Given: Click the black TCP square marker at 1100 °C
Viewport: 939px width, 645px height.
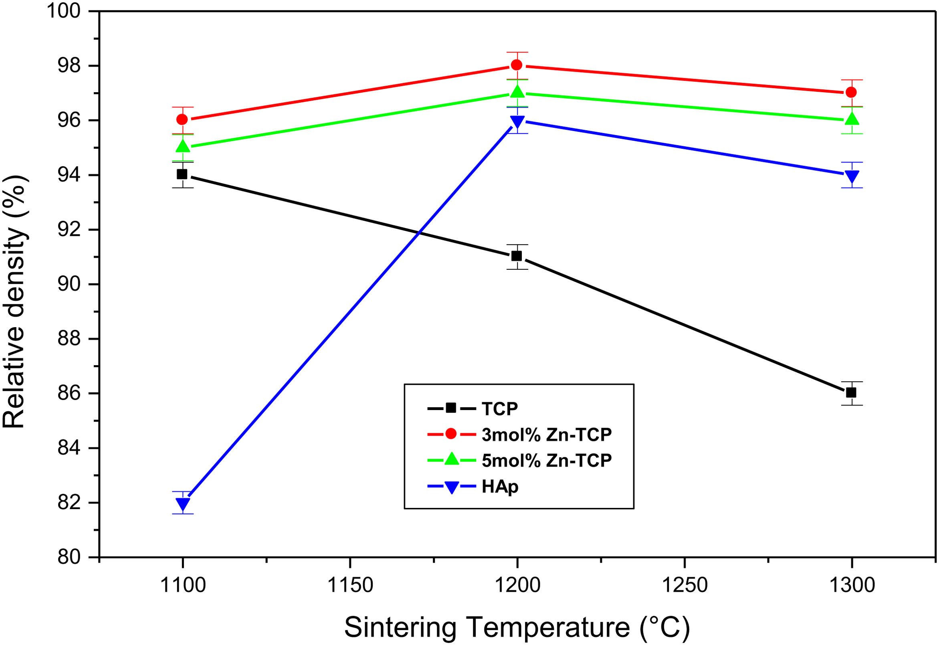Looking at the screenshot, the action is pos(182,174).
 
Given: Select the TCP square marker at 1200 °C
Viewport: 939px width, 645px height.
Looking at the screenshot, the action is pos(516,256).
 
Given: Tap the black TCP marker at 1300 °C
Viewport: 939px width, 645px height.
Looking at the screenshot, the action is pos(851,392).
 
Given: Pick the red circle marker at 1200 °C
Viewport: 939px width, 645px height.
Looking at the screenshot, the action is pos(516,65).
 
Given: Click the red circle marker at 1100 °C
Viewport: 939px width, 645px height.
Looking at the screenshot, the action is pos(182,119).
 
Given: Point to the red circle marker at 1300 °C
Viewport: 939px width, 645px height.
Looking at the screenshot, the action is pos(851,93).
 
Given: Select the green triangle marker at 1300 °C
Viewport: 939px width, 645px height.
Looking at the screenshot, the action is pos(851,119).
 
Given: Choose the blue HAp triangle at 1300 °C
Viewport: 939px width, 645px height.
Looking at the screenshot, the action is pos(851,177).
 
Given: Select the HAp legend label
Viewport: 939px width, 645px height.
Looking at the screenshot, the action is pos(500,487).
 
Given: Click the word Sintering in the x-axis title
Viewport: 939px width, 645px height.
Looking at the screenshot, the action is pos(400,627).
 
